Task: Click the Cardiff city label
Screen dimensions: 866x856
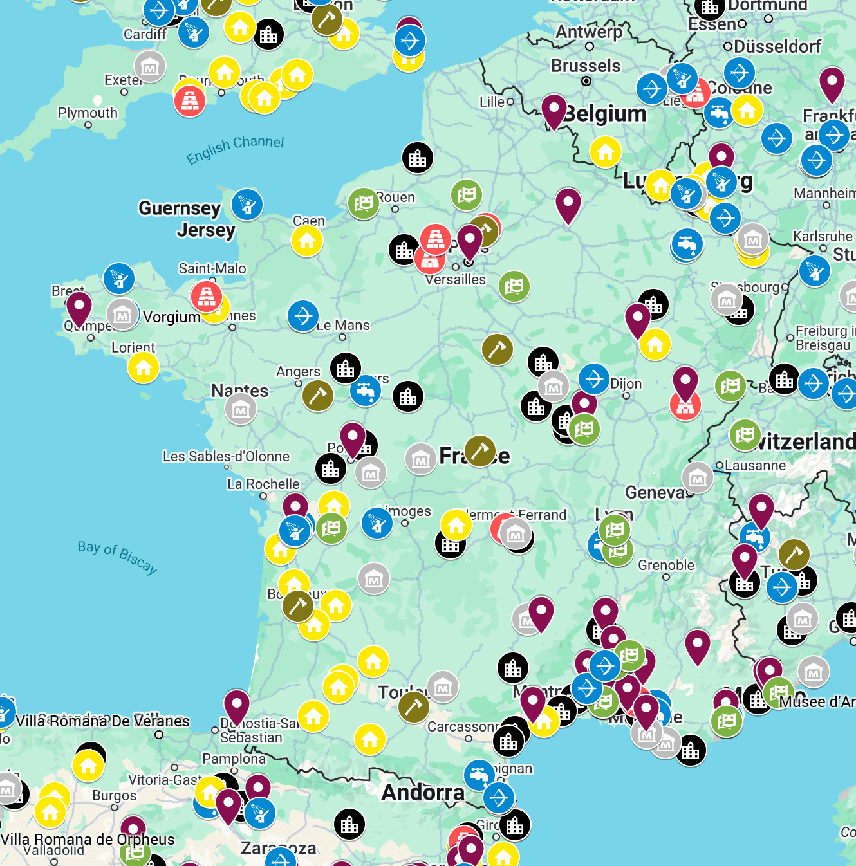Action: coord(144,35)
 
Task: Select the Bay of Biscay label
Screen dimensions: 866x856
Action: coord(117,556)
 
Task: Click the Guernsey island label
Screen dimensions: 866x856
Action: coord(180,208)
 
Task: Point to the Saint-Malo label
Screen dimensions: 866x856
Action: coord(212,268)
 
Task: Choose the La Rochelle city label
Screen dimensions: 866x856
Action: coord(263,484)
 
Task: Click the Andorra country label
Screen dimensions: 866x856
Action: coord(423,792)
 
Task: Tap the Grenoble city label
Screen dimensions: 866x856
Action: coord(666,565)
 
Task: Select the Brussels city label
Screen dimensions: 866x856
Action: coord(586,66)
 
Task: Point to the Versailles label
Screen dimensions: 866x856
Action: coord(456,279)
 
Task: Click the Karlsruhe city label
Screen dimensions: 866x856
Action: coord(823,236)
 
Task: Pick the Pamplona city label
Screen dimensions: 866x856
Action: coord(234,759)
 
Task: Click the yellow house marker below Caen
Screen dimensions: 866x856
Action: coord(307,241)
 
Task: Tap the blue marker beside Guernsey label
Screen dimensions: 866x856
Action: coord(247,205)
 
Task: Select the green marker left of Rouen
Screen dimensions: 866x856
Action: coord(364,203)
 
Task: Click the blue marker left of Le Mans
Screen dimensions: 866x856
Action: coord(303,317)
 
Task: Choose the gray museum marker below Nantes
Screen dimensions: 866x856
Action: coord(241,409)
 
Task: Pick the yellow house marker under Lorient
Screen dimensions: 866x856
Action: coord(144,367)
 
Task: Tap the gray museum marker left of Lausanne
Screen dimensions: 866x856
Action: coord(698,477)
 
